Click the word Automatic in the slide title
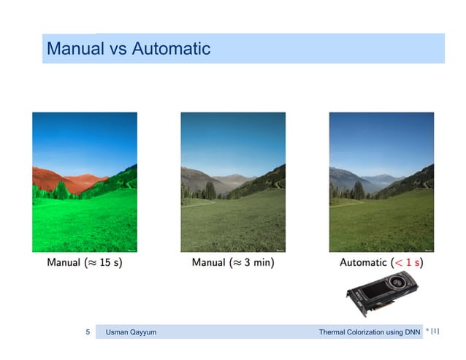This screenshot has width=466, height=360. (x=172, y=50)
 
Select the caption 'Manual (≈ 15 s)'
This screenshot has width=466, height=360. (x=85, y=261)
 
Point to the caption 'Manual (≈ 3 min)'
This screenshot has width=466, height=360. (x=233, y=261)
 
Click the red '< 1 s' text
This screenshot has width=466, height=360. (x=408, y=261)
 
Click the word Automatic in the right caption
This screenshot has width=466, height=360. (x=363, y=261)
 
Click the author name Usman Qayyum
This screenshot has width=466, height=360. (x=131, y=333)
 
